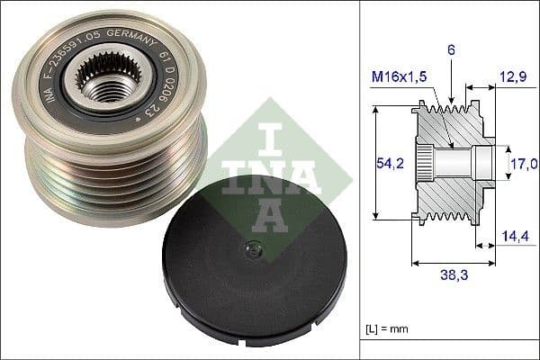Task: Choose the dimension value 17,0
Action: pyautogui.click(x=524, y=163)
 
